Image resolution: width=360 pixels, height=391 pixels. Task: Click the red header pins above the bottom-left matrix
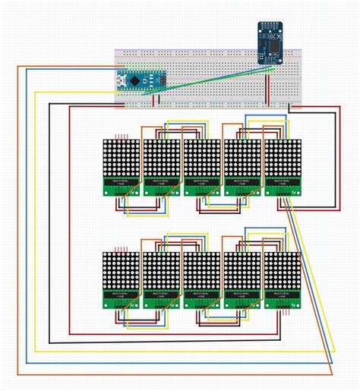[120, 249]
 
